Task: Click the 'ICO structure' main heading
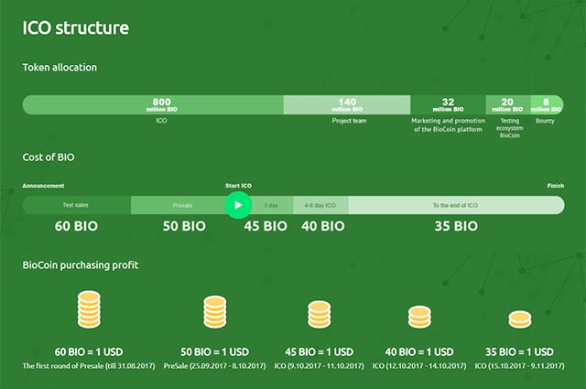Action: point(76,27)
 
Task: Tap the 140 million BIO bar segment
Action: point(347,104)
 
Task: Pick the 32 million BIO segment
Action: point(448,104)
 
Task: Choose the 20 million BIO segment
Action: point(507,104)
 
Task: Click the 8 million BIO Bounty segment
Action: point(547,104)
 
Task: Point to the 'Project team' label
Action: point(348,121)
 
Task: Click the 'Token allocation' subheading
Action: point(60,67)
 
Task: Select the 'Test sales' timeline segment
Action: point(76,205)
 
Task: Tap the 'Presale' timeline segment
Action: point(182,205)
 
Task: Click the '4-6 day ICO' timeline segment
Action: point(320,205)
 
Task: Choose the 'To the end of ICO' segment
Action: point(455,205)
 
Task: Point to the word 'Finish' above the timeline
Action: point(555,186)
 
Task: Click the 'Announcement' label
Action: point(43,186)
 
